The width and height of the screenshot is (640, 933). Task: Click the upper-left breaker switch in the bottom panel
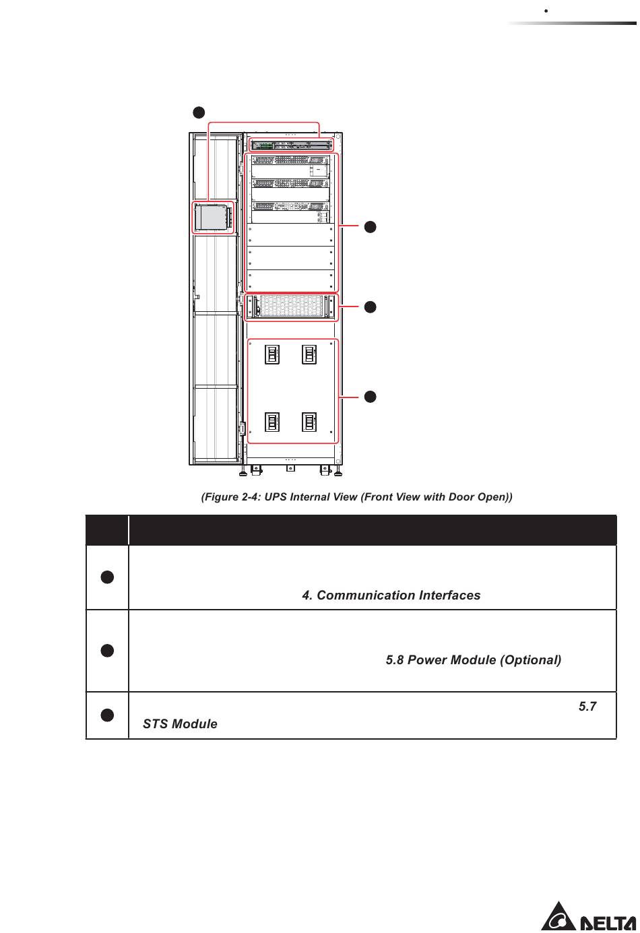pos(271,354)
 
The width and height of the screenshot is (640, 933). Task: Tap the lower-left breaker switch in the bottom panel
pos(271,422)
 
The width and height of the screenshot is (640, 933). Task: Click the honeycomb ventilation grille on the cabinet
pos(291,307)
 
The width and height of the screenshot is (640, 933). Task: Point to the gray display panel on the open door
pos(213,218)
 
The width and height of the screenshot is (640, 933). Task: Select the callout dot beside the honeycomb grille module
pos(370,307)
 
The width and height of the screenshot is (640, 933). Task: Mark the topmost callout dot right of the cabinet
pos(370,226)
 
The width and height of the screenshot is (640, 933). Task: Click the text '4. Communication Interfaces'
pos(391,596)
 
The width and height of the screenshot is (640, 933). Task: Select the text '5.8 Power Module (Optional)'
pos(473,660)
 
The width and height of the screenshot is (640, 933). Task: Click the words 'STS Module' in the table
pos(180,724)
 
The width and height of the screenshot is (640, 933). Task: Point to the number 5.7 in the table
pos(587,707)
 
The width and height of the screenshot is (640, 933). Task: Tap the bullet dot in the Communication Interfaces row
pos(106,577)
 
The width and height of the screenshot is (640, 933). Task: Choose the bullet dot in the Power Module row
pos(106,651)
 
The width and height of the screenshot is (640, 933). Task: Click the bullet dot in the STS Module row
pos(106,715)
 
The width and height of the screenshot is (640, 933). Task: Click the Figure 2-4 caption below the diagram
pos(357,497)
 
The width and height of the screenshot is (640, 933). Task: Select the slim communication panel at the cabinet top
pos(292,145)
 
